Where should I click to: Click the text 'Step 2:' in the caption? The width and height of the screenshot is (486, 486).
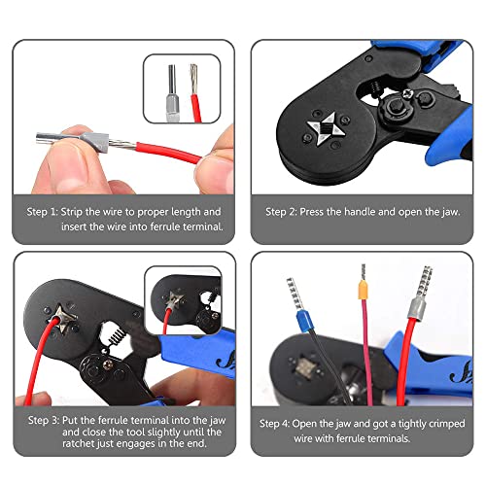click(x=285, y=211)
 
